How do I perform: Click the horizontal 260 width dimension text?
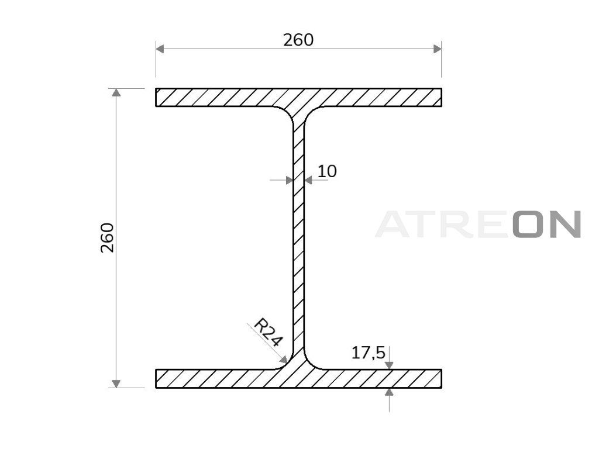[298, 40]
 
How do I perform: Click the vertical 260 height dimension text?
[108, 237]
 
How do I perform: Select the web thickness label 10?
[327, 171]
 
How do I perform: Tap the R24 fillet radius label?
[268, 332]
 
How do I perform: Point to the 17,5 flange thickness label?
[369, 353]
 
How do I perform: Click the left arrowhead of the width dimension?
[160, 49]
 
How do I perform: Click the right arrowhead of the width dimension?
[437, 49]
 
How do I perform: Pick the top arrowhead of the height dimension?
[116, 93]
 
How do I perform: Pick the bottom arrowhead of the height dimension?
[116, 384]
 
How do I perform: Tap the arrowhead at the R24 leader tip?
[284, 360]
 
